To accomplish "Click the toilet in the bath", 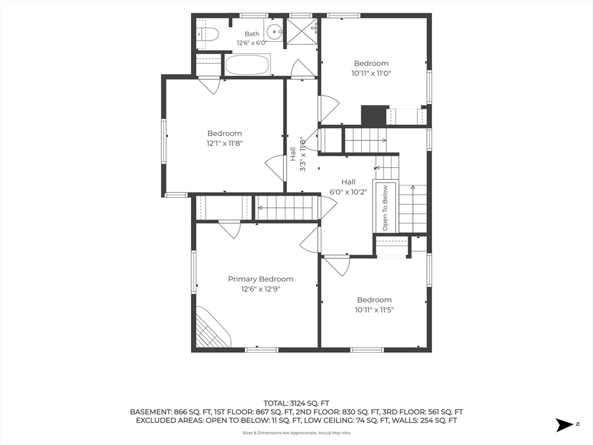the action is [208, 34].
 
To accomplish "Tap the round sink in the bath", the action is [273, 31].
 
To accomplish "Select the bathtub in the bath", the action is [248, 64].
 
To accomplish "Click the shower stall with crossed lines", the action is [301, 31].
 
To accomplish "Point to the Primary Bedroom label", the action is [261, 279].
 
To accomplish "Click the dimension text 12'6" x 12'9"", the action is [261, 290].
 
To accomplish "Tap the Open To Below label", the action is [385, 208].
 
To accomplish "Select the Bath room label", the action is [252, 34].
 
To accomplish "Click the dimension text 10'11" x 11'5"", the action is [375, 310].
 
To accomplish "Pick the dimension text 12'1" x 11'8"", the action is [224, 144].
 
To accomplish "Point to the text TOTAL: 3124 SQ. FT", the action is [296, 403].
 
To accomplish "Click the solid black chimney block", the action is [375, 115].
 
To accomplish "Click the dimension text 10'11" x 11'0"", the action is [371, 74].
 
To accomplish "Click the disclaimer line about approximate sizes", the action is [296, 433].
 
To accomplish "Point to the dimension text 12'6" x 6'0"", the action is [252, 43].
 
